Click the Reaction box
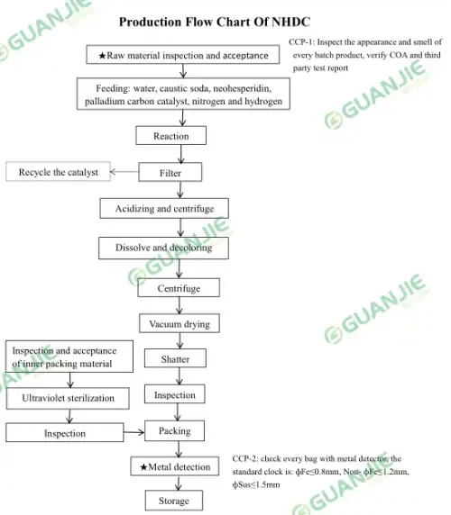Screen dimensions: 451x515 [171, 135]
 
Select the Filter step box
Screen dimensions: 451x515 [170, 172]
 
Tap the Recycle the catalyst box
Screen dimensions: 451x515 [59, 171]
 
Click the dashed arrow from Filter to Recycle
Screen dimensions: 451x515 [124, 172]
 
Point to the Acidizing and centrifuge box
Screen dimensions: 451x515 [164, 208]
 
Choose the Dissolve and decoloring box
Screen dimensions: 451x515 [163, 248]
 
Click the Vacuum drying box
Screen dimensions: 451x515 [179, 323]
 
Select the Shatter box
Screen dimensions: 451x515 [175, 358]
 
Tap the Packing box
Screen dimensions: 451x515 [175, 431]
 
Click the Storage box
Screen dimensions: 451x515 [174, 501]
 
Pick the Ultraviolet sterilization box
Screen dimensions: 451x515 [68, 398]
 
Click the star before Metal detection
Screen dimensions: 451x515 [143, 467]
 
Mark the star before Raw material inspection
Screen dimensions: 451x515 [102, 56]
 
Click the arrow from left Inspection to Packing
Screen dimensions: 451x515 [134, 432]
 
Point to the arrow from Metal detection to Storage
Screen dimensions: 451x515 [179, 483]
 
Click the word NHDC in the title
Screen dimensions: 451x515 [291, 22]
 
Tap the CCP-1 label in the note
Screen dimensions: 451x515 [301, 42]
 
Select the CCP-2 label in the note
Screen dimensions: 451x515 [244, 458]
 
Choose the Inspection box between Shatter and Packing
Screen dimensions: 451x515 [175, 394]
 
